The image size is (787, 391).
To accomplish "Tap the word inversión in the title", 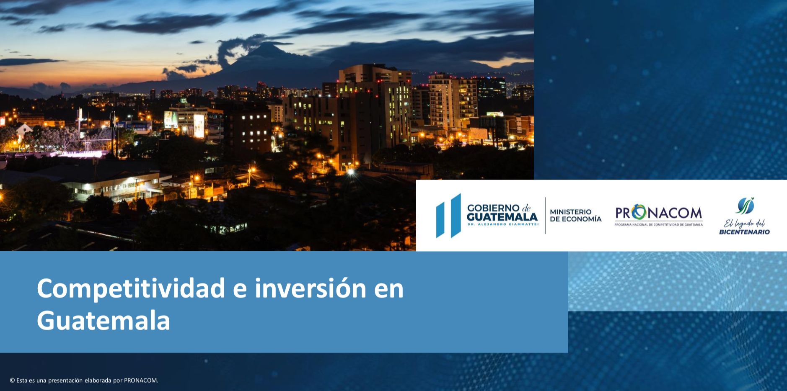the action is tap(311, 288).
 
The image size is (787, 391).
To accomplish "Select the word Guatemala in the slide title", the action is tap(104, 321).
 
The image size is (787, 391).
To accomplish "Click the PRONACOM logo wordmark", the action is tap(659, 213).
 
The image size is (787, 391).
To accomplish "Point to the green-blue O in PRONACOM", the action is tap(639, 212).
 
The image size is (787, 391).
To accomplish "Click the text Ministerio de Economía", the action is tap(575, 215).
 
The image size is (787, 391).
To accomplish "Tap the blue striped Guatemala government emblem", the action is tap(448, 216).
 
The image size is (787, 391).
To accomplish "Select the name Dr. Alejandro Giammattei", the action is tap(502, 224).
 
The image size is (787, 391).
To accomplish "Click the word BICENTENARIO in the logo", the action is tap(744, 232).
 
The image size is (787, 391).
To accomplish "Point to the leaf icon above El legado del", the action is tap(745, 206).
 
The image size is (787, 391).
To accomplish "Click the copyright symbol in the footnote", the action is tap(12, 381).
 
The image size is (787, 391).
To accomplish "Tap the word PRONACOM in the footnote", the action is tap(141, 381).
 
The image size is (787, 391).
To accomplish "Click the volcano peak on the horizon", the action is tap(268, 44).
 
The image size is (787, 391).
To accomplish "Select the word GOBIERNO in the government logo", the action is tap(493, 208).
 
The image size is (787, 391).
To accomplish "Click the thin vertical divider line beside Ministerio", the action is tap(545, 216).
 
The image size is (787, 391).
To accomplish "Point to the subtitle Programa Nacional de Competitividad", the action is tap(659, 225).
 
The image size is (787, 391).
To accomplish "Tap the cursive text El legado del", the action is tap(744, 223).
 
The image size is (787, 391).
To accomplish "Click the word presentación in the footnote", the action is tap(65, 381).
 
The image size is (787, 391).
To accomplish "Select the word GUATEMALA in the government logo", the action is tap(502, 217).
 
